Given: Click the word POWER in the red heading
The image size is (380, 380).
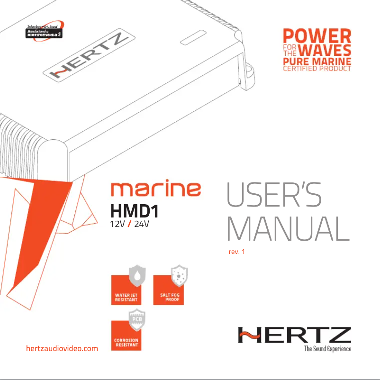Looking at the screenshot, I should pyautogui.click(x=317, y=36).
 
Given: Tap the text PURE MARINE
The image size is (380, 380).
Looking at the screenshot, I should pyautogui.click(x=317, y=61).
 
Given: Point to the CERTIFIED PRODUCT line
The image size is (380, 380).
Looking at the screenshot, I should pyautogui.click(x=317, y=69).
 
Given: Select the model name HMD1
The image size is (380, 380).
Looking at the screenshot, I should pyautogui.click(x=134, y=210).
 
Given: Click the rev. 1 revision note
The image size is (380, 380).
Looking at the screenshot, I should pyautogui.click(x=236, y=252).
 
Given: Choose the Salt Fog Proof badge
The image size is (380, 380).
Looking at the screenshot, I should pyautogui.click(x=169, y=289).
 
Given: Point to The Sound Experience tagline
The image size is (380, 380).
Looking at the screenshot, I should pyautogui.click(x=327, y=349).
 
